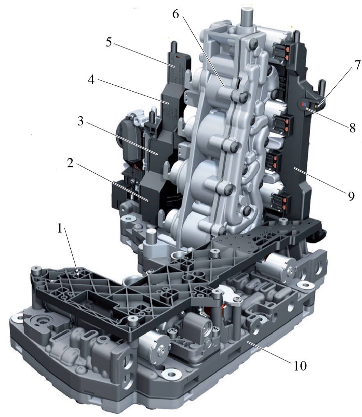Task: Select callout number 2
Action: (x=70, y=164)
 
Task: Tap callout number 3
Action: (x=80, y=121)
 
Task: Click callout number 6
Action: (x=176, y=14)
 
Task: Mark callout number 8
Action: (x=352, y=128)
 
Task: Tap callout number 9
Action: (x=351, y=196)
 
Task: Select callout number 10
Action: (x=300, y=366)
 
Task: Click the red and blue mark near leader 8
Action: (x=303, y=104)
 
